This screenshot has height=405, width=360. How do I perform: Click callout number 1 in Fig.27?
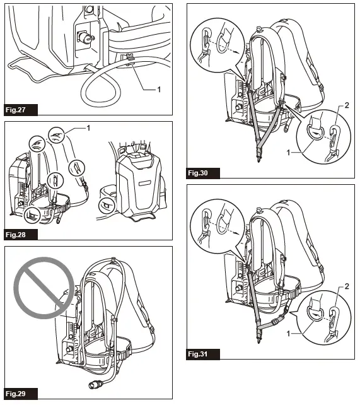point(158,89)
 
